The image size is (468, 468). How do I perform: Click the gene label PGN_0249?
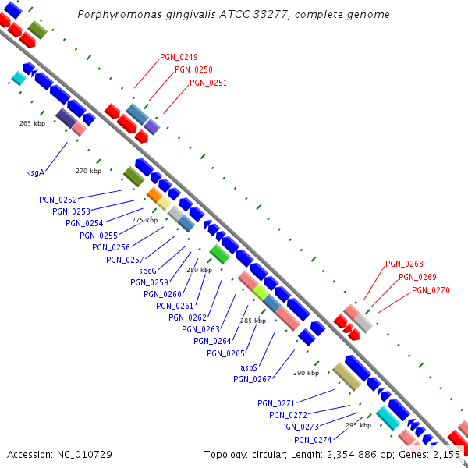pyautogui.click(x=179, y=57)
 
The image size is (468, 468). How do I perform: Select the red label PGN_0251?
pyautogui.click(x=208, y=82)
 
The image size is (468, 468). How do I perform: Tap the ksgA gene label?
pyautogui.click(x=35, y=172)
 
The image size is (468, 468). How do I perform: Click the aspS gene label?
pyautogui.click(x=249, y=367)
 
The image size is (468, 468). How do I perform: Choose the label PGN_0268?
pyautogui.click(x=404, y=264)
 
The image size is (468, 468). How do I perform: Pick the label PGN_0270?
pyautogui.click(x=431, y=290)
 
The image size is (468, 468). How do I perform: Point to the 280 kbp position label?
pyautogui.click(x=199, y=270)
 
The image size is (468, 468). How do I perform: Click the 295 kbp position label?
pyautogui.click(x=358, y=425)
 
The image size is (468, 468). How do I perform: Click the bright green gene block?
pyautogui.click(x=219, y=254)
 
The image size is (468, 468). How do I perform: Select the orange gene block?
pyautogui.click(x=154, y=194)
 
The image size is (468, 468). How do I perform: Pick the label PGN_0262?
pyautogui.click(x=187, y=317)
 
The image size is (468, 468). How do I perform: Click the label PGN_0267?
pyautogui.click(x=252, y=379)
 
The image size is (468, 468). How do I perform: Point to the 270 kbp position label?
pyautogui.click(x=88, y=171)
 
